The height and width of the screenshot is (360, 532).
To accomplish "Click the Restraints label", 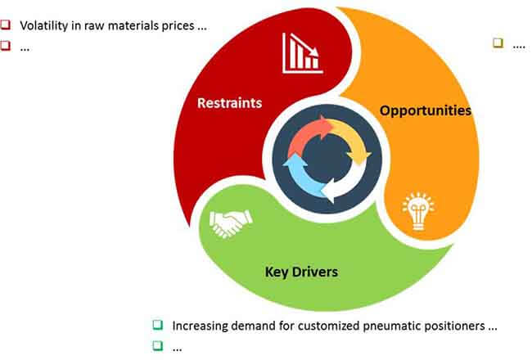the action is pos(229,103).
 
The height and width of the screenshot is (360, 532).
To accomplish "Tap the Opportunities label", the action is pos(426,110).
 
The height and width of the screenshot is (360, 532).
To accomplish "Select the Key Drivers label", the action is pos(301,272).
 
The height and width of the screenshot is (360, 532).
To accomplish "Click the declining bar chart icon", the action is pos(302,53).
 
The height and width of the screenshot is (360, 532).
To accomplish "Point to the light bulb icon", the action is pos(418,211).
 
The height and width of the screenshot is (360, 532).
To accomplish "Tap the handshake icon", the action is pos(231,223).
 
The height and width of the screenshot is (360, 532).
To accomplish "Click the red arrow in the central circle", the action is pos(308,134).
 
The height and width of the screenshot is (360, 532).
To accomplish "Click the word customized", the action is pos(329,326).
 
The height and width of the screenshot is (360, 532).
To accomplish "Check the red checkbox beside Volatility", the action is pos(6,25).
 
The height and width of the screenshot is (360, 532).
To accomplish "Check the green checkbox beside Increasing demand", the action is pos(158,325).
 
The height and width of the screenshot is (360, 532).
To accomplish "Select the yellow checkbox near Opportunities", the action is pos(498,43).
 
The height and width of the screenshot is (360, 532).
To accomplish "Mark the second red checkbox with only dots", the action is pos(6,45).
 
